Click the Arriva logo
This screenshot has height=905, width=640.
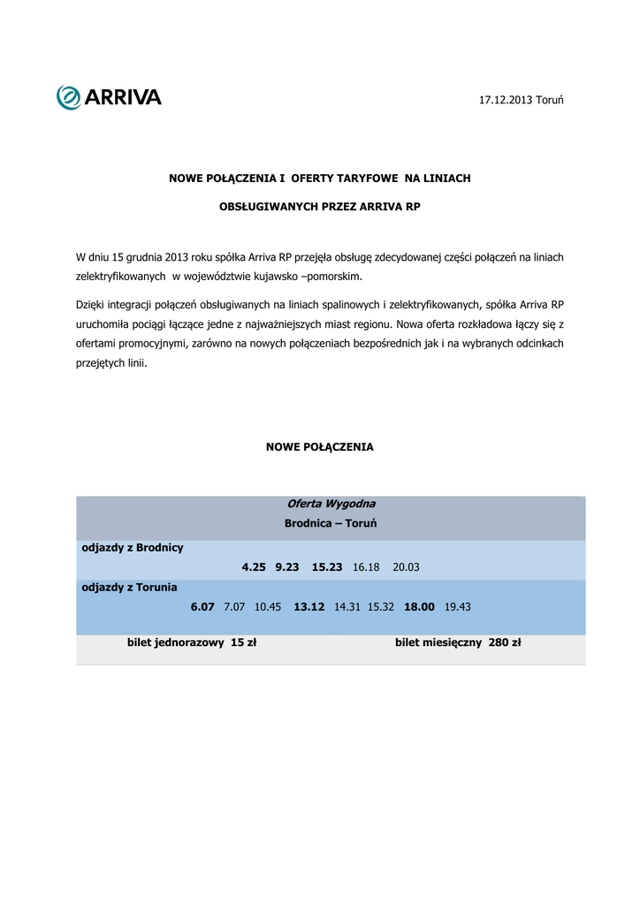point(109,97)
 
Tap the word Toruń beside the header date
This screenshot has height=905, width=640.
point(550,100)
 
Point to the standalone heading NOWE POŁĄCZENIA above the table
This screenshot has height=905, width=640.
point(320,447)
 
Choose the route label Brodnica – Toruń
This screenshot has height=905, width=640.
point(331,523)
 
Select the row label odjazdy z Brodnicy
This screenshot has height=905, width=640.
point(133,548)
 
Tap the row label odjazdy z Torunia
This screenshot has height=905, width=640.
point(130,587)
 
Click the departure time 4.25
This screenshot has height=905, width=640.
point(254,567)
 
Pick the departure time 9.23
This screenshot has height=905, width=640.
point(287,567)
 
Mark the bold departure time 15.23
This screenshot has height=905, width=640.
point(327,567)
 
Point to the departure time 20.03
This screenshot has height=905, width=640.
point(406,567)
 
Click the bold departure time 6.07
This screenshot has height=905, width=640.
point(202,607)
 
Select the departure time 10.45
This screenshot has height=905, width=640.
point(268,607)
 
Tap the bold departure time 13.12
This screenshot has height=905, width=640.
point(309,607)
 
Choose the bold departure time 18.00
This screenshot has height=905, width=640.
point(419,607)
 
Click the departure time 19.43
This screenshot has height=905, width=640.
point(458,607)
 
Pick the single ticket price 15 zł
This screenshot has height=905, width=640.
point(243,643)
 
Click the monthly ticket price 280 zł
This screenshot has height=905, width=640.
point(505,643)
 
